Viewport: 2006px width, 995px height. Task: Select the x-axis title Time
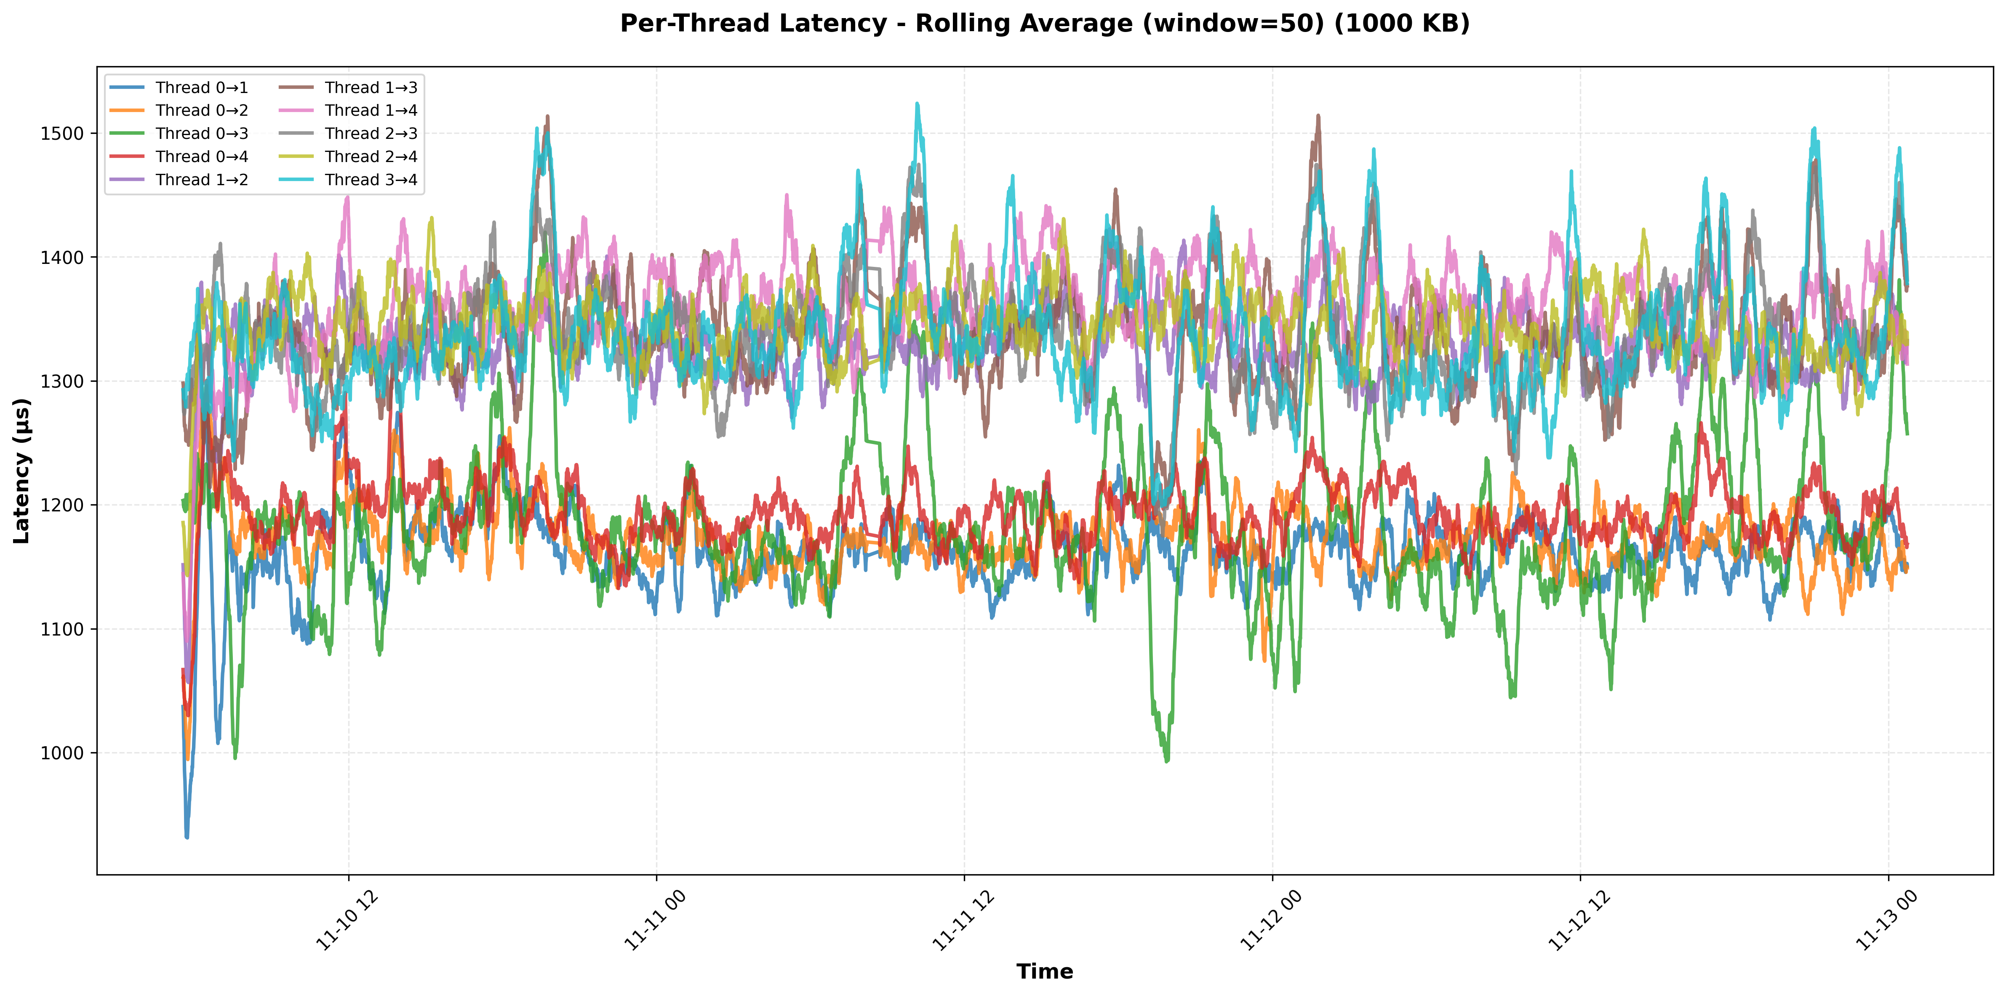click(x=1044, y=972)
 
